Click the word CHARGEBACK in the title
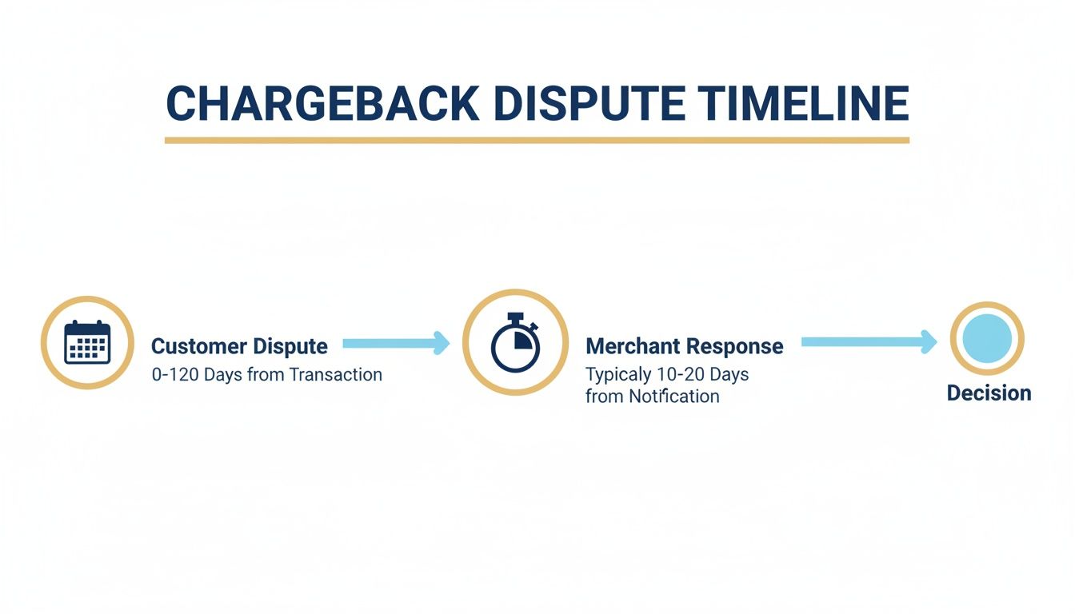322,103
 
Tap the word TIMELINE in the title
803,103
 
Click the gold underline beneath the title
537,140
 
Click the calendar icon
87,343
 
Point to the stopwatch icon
515,344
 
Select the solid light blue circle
987,339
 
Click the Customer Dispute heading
239,346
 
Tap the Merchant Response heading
684,346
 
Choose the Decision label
989,393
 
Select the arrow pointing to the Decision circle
869,341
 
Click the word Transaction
335,374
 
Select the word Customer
198,346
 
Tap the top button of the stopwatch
515,317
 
